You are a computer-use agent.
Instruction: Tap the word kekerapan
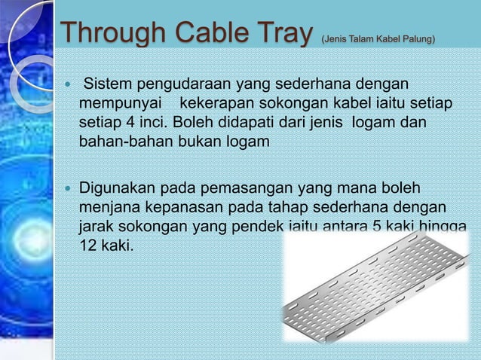(x=219, y=102)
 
